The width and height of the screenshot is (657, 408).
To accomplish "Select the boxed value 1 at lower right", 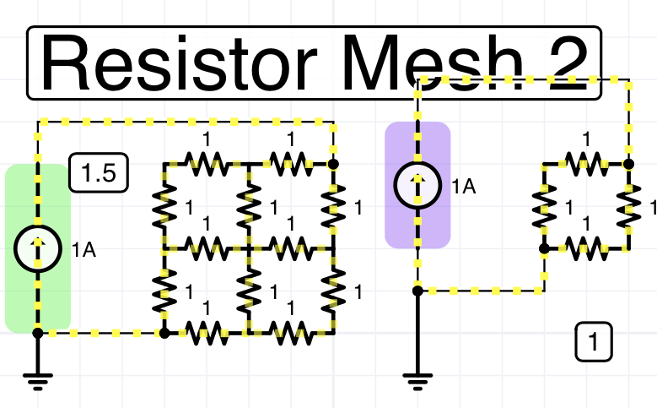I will (595, 343).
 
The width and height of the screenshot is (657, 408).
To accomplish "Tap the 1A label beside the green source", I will (83, 249).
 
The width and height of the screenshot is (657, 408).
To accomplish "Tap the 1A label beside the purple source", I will (464, 187).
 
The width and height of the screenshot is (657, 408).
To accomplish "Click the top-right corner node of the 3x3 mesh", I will (333, 164).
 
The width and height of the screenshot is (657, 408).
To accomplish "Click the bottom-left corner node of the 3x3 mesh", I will (164, 333).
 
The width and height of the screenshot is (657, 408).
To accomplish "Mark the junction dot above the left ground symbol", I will (37, 333).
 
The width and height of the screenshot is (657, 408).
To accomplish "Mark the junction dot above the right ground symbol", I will (417, 291).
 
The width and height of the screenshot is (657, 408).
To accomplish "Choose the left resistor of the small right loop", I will (544, 206).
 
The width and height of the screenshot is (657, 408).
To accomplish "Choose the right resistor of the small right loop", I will (628, 206).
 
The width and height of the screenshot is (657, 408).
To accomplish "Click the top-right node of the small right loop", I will (628, 164).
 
